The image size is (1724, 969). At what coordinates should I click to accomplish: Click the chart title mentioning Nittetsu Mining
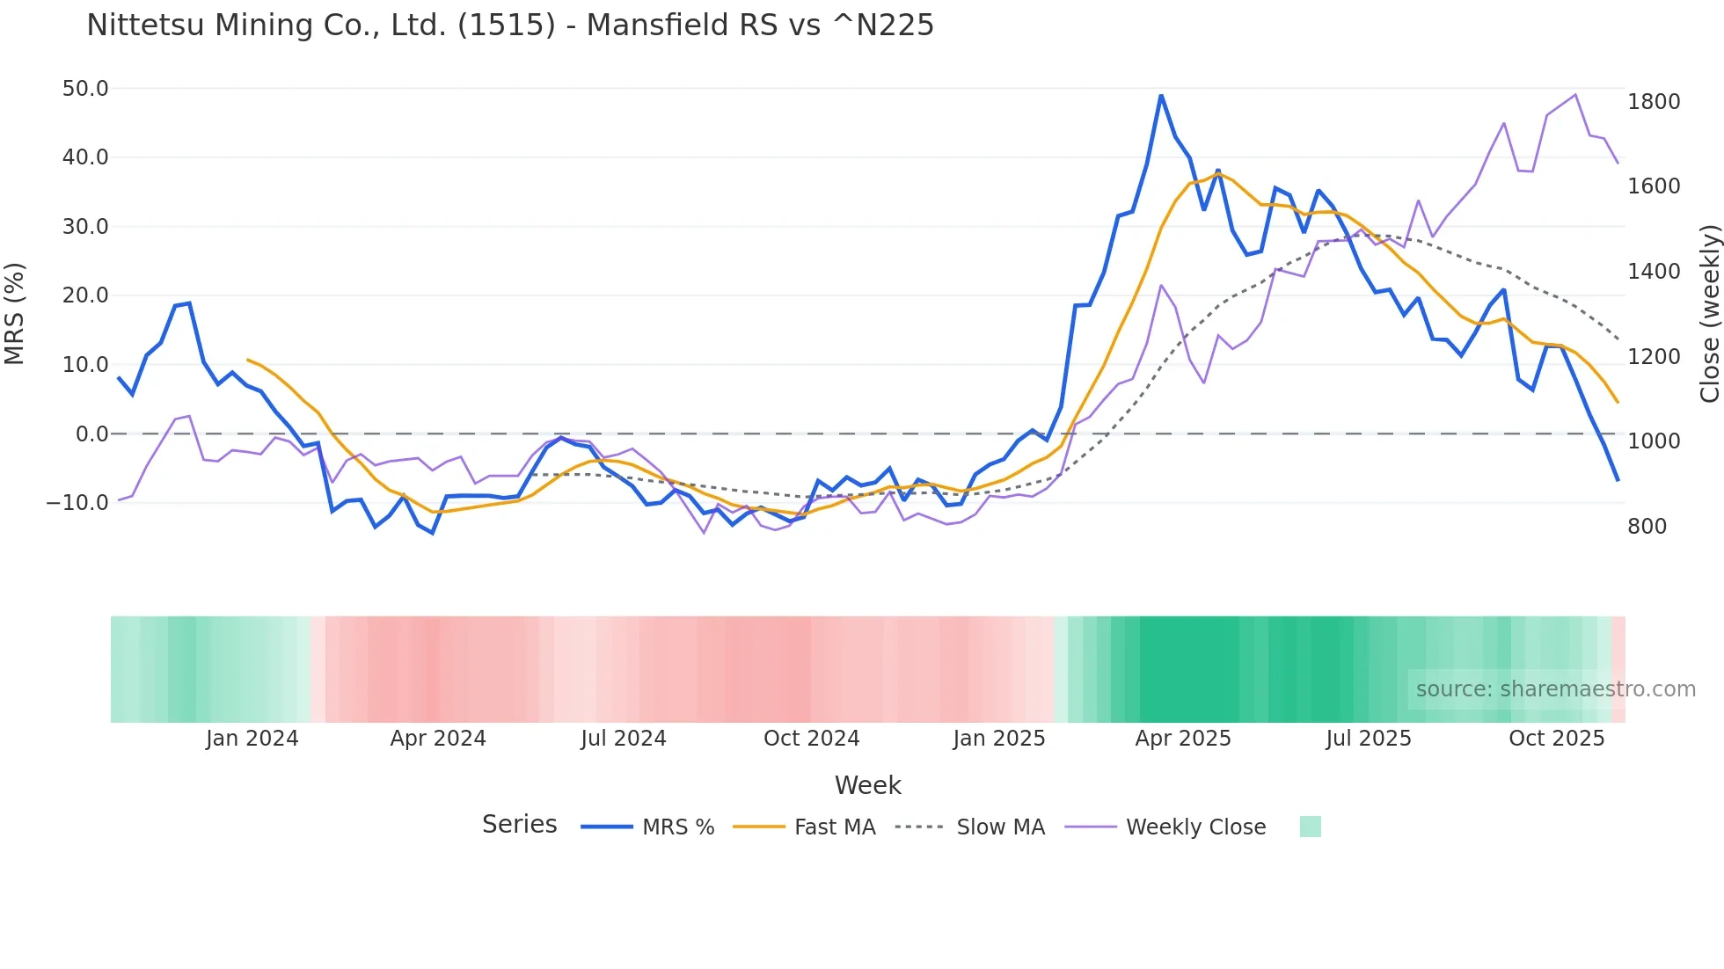pyautogui.click(x=510, y=25)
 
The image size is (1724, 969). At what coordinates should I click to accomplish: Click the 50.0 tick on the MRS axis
pyautogui.click(x=85, y=89)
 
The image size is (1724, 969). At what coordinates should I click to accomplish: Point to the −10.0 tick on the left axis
pyautogui.click(x=77, y=503)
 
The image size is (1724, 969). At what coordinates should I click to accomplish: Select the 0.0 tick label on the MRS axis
pyautogui.click(x=91, y=434)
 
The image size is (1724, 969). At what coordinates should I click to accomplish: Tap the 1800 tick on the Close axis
pyautogui.click(x=1654, y=102)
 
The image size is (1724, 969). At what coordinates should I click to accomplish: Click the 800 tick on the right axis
pyautogui.click(x=1647, y=527)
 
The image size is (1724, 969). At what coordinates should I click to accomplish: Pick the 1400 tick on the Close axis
pyautogui.click(x=1654, y=272)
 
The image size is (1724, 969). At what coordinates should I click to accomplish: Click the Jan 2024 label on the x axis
pyautogui.click(x=252, y=739)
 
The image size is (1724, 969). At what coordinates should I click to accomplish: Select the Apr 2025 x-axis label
pyautogui.click(x=1183, y=739)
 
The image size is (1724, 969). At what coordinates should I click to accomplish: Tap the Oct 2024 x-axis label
pyautogui.click(x=811, y=739)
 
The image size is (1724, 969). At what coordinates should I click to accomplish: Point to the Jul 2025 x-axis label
pyautogui.click(x=1369, y=739)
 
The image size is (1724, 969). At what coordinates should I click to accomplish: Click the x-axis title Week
pyautogui.click(x=867, y=785)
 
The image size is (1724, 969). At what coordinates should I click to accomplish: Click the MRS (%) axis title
pyautogui.click(x=15, y=313)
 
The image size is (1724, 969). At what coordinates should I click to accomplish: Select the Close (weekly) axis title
pyautogui.click(x=1709, y=313)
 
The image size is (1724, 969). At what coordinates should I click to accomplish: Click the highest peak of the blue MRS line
pyautogui.click(x=1161, y=95)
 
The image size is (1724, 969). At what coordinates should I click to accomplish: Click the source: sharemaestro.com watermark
pyautogui.click(x=1555, y=689)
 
